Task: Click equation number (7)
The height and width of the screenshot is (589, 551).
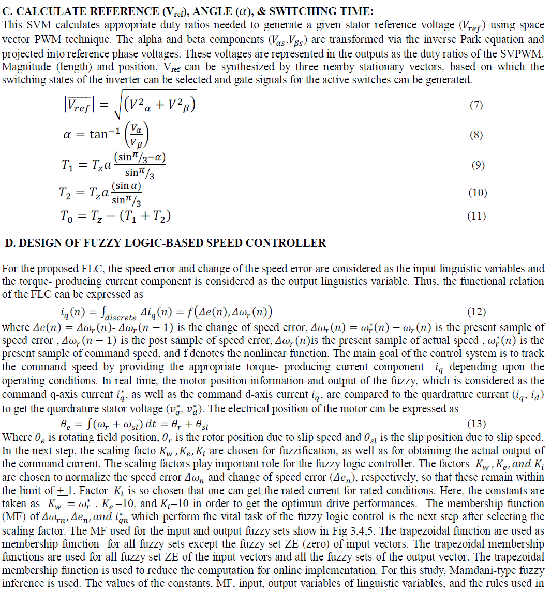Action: coord(476,106)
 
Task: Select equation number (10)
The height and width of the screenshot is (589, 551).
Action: coord(478,193)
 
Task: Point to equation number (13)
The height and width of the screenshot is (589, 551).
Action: coord(476,424)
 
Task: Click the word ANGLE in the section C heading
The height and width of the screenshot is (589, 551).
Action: coord(170,11)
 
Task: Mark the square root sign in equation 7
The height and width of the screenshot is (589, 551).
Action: coord(117,106)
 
